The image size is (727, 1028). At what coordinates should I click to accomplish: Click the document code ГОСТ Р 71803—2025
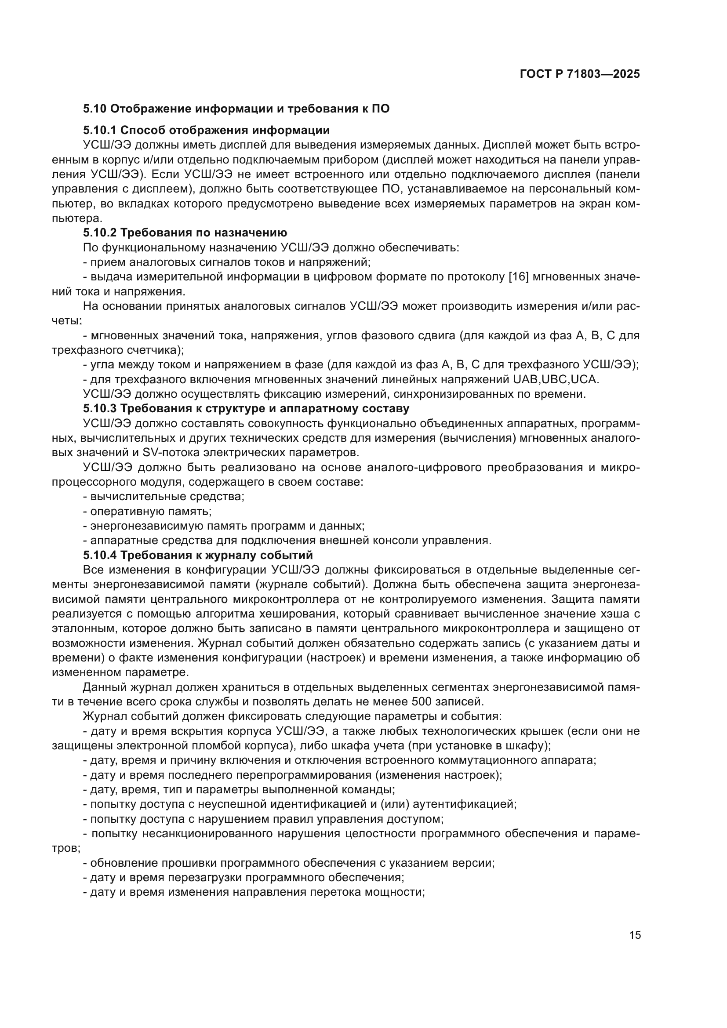tap(580, 74)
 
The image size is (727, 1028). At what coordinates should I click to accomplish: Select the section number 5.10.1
tap(99, 130)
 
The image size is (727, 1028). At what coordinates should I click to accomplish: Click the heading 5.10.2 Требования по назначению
tap(185, 233)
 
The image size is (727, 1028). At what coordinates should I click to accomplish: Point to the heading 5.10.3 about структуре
tap(246, 409)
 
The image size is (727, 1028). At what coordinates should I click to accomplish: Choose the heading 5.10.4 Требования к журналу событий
tap(198, 555)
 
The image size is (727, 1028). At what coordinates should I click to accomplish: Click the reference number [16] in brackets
tap(519, 277)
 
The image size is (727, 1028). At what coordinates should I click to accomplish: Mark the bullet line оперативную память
tap(147, 511)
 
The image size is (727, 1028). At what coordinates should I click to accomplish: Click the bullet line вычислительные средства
tap(164, 497)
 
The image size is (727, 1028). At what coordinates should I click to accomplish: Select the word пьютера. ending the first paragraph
tap(77, 218)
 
